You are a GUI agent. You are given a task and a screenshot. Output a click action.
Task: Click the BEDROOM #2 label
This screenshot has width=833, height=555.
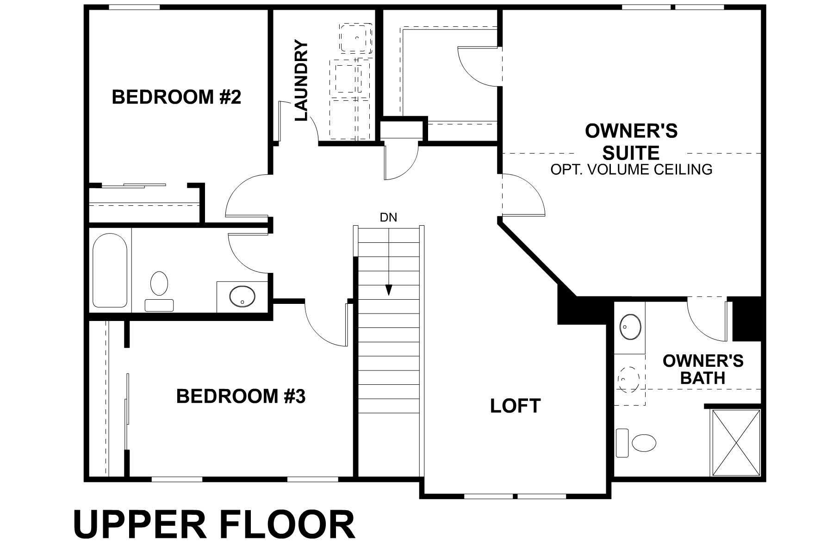point(176,98)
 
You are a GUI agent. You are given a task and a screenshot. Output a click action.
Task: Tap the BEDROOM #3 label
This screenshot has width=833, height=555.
point(241,396)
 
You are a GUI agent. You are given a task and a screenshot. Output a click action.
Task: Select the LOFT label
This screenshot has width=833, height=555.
point(515,406)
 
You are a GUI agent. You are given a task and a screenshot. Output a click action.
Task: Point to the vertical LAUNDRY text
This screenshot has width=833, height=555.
point(301,81)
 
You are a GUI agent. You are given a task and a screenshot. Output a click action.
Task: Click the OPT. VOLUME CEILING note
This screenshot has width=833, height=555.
point(631,170)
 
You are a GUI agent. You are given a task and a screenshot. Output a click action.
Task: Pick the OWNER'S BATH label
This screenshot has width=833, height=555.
point(702,369)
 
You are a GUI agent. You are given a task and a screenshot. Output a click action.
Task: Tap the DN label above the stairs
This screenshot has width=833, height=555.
point(388,217)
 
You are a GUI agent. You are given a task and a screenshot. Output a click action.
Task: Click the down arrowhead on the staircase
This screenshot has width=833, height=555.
point(389,290)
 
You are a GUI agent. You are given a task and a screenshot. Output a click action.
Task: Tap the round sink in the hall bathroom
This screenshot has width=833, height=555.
point(242,296)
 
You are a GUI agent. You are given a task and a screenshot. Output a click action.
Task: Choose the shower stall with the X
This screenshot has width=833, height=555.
point(735,442)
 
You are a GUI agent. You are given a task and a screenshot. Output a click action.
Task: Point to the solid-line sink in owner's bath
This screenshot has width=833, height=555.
point(630,327)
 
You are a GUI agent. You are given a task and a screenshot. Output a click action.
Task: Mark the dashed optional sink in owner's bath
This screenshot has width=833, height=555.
point(629,380)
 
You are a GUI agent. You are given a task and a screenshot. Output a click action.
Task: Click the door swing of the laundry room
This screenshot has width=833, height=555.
point(306,125)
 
